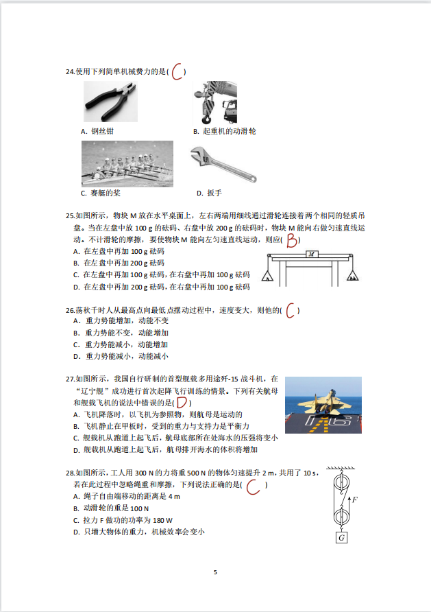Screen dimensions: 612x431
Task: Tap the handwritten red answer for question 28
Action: coord(254,486)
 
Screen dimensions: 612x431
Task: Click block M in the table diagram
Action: coord(311,253)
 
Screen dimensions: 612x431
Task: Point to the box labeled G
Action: coord(341,539)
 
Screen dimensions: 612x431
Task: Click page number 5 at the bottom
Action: coord(215,572)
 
